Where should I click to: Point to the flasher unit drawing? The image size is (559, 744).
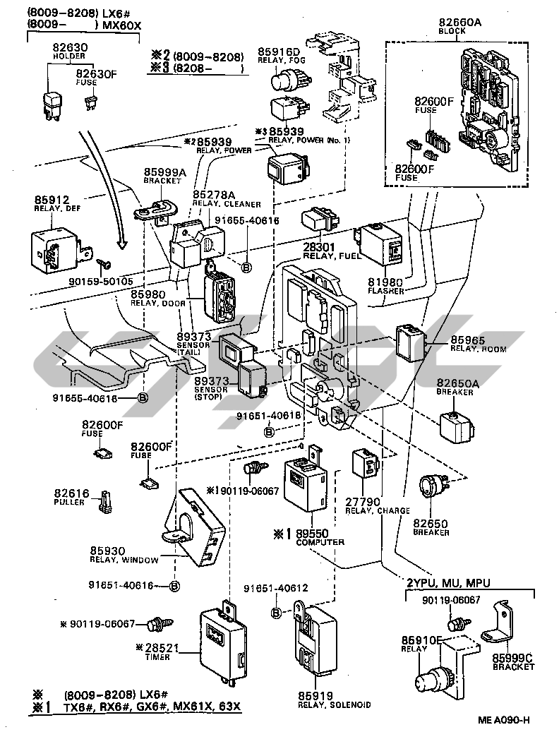382,244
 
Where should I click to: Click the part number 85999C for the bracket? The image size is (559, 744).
512,658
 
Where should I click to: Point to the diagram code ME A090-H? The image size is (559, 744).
503,720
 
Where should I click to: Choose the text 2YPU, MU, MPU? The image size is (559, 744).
447,582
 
